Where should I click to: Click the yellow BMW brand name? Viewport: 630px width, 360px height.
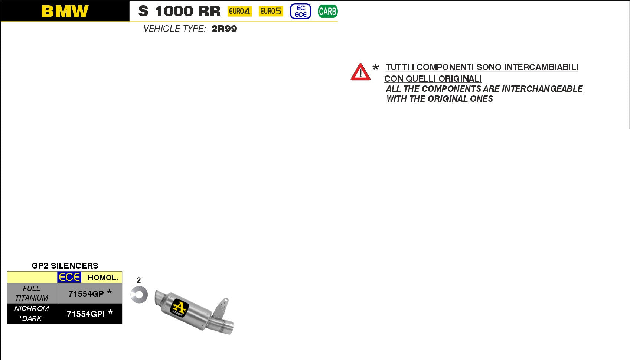65,11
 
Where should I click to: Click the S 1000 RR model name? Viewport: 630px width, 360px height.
179,11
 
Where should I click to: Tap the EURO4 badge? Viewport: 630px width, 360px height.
239,11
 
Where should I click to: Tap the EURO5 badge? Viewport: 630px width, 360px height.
271,11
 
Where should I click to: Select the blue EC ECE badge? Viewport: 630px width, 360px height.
300,11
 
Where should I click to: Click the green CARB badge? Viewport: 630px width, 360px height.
327,12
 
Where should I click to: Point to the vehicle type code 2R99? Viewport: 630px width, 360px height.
224,29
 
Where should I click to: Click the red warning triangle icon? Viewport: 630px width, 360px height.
360,72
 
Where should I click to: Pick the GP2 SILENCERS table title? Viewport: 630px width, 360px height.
65,266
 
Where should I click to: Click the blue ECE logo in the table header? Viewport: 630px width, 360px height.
69,277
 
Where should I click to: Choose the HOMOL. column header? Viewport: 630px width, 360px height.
103,278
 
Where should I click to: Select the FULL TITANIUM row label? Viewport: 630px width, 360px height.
32,293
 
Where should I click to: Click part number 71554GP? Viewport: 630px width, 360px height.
86,294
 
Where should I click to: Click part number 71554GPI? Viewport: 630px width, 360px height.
86,314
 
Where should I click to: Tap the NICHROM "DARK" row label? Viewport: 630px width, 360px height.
32,313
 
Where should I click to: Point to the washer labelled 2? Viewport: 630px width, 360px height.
139,295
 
